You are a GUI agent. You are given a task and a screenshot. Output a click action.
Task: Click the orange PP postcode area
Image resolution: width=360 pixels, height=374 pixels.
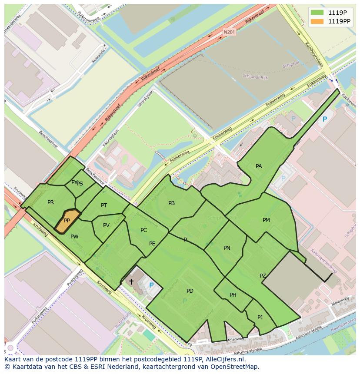[67, 220]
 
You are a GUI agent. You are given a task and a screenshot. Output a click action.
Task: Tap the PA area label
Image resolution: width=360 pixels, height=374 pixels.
[259, 166]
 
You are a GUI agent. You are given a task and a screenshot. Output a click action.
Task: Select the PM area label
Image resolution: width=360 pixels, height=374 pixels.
[266, 220]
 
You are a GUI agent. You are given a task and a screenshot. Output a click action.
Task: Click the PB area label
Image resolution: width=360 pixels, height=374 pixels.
[171, 203]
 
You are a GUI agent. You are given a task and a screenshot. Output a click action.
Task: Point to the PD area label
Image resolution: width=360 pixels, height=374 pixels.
[190, 291]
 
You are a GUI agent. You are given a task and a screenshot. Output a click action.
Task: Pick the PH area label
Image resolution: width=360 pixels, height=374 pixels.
[233, 295]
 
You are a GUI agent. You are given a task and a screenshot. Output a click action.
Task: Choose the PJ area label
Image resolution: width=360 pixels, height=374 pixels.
[260, 317]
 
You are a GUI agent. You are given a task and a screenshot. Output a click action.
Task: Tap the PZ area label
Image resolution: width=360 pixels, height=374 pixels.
[263, 276]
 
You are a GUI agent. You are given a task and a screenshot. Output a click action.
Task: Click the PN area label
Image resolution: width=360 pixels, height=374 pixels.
[227, 248]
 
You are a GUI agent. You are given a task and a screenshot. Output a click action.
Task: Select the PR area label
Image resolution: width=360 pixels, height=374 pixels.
[51, 202]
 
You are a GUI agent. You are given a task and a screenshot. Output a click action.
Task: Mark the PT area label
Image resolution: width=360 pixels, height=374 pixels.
[104, 205]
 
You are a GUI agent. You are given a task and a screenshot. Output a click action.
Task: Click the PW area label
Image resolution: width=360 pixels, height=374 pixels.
[74, 237]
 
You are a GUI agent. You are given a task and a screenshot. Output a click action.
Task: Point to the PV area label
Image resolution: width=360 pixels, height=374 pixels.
[106, 225]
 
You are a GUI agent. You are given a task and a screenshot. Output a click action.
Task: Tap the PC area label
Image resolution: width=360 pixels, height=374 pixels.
[144, 230]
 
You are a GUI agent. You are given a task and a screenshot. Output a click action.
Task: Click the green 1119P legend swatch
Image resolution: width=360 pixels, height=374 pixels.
[317, 12]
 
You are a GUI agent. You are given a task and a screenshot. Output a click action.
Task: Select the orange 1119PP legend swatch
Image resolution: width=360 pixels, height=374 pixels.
[317, 21]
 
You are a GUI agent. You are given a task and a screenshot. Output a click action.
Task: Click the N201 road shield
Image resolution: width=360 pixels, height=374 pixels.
[229, 32]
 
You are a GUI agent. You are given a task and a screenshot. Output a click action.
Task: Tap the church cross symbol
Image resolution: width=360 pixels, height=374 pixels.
[131, 281]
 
